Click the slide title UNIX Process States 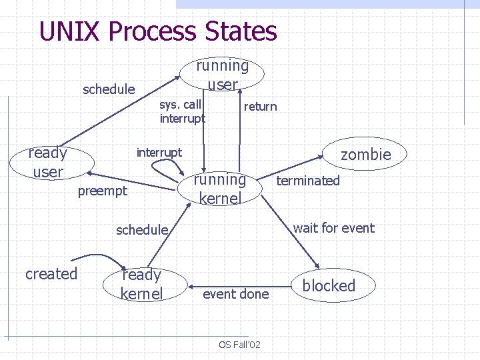[x=158, y=31]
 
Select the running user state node [x=223, y=75]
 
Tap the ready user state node [x=47, y=162]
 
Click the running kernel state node [x=219, y=189]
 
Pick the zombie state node [x=365, y=155]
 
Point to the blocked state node [x=329, y=285]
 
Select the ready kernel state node [x=141, y=284]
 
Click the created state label [x=51, y=274]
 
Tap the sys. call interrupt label [x=182, y=111]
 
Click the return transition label [x=260, y=107]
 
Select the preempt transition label [x=102, y=191]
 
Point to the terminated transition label [x=308, y=181]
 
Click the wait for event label [x=333, y=228]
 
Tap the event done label [x=235, y=294]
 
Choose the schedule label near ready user [x=108, y=89]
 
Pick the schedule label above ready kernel [x=141, y=230]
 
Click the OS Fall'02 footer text [x=239, y=344]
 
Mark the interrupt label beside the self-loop [x=159, y=153]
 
